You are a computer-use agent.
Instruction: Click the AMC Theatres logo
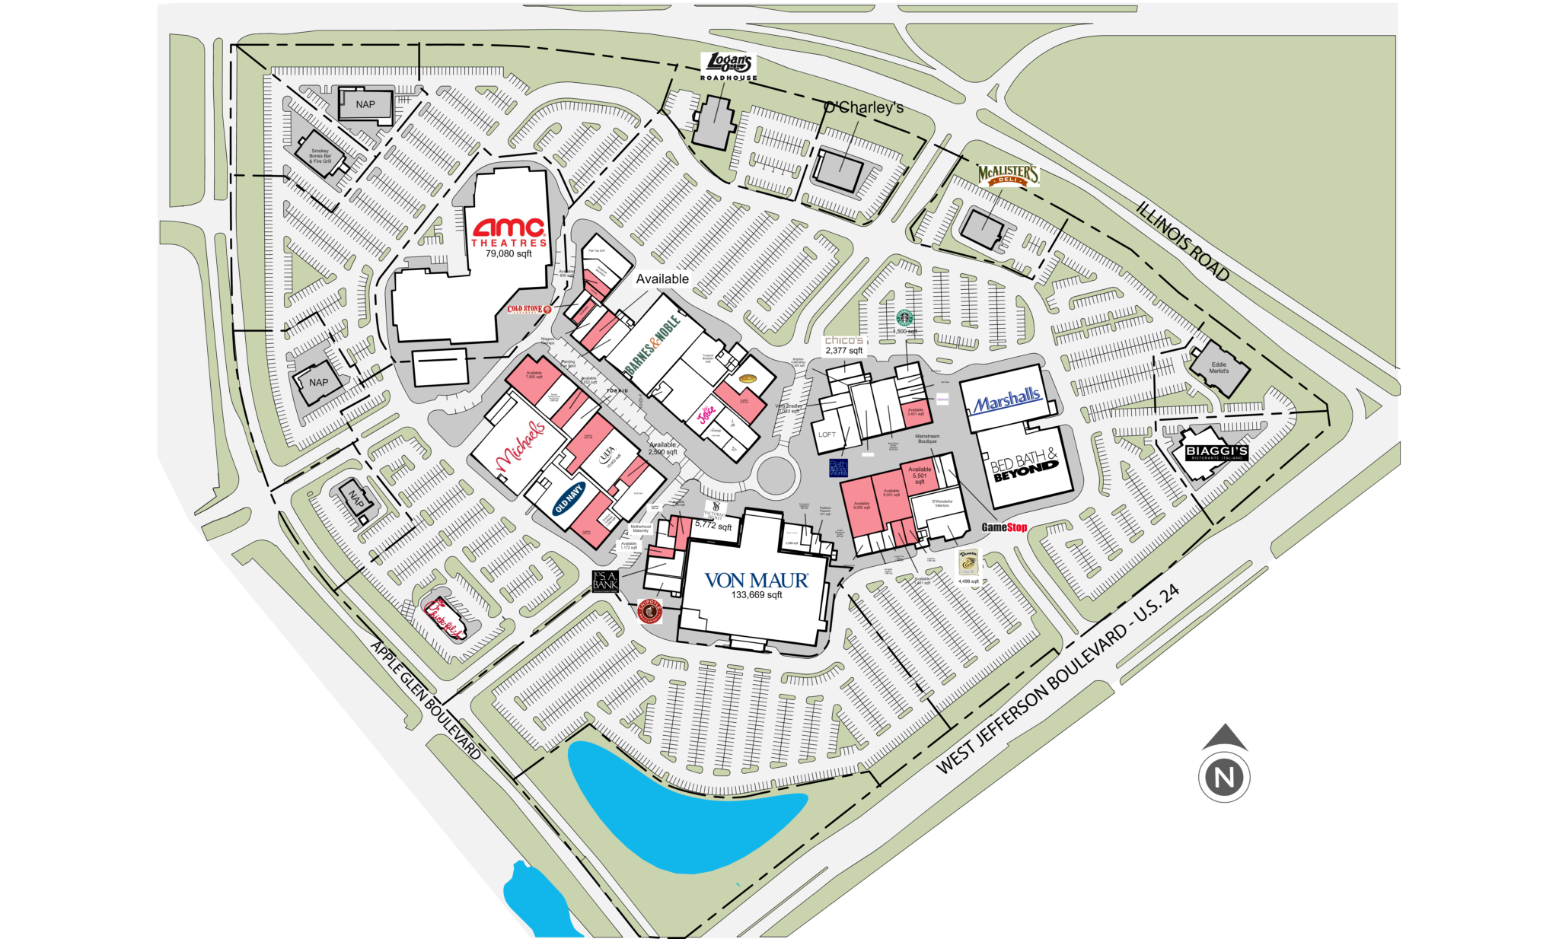(x=509, y=231)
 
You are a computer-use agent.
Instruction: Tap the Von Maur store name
(x=756, y=581)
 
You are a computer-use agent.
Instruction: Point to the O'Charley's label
(x=864, y=107)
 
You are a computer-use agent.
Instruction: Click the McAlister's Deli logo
(x=1008, y=176)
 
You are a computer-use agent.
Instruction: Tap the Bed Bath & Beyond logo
(x=1025, y=464)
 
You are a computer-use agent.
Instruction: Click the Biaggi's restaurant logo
(x=1216, y=452)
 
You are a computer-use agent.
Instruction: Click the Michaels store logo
(x=521, y=445)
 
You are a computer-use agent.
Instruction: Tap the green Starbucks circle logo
(x=904, y=317)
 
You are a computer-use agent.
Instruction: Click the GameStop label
(x=1004, y=527)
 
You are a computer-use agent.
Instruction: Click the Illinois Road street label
(x=1183, y=241)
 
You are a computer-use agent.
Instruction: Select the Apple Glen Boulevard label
(x=426, y=700)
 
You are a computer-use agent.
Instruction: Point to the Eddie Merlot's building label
(x=1219, y=368)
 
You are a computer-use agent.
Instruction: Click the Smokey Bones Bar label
(x=320, y=156)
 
